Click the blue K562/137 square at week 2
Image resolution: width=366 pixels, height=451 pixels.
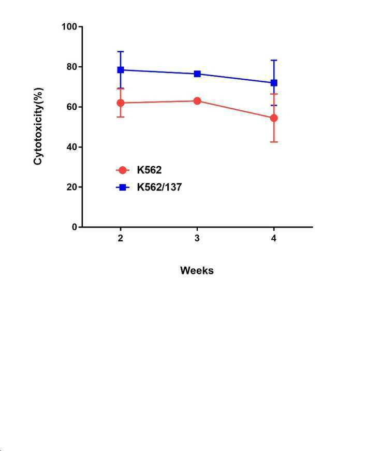pos(121,70)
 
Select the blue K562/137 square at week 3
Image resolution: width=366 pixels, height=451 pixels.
pos(197,74)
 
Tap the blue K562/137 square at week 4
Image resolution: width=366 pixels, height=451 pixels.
pos(274,83)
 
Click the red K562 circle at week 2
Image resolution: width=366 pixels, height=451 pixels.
pos(121,103)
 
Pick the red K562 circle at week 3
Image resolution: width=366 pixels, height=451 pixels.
pos(197,101)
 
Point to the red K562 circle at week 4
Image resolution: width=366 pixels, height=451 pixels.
pos(274,118)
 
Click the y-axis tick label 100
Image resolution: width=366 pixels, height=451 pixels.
pos(69,27)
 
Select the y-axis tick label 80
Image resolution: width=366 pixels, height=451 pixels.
pos(72,67)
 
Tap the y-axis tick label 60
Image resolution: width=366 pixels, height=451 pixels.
pos(72,107)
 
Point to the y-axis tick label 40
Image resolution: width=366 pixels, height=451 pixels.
pos(72,147)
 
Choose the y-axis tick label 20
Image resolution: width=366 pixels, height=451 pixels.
pos(72,187)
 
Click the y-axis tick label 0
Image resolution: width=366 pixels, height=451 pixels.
pos(75,227)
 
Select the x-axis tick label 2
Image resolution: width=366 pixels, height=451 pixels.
pos(121,238)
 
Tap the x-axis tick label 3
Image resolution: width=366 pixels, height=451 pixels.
pos(197,238)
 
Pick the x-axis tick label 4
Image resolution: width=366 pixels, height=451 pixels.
pos(274,238)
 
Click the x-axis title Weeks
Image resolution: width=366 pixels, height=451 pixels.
pos(197,270)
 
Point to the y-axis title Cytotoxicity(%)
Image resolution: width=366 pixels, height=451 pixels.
pos(38,126)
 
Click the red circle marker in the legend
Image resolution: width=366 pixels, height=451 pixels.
pos(123,170)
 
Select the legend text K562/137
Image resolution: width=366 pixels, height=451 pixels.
pos(159,187)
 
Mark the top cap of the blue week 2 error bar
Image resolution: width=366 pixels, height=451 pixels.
pos(121,51)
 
